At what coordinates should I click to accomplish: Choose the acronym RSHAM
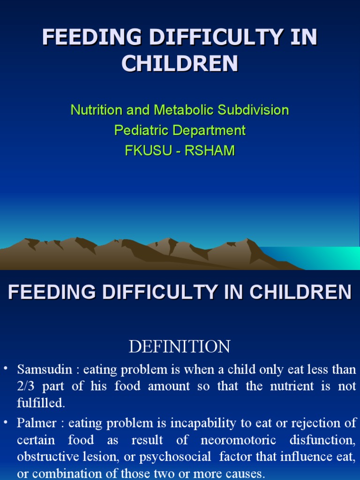(212, 150)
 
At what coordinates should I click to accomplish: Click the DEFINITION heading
(180, 347)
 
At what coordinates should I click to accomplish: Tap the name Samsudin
(45, 369)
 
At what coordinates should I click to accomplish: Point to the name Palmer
(37, 423)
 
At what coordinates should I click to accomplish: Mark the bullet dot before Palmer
(6, 423)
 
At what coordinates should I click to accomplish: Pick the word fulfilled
(41, 403)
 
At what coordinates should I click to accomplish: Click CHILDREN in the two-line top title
(180, 64)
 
